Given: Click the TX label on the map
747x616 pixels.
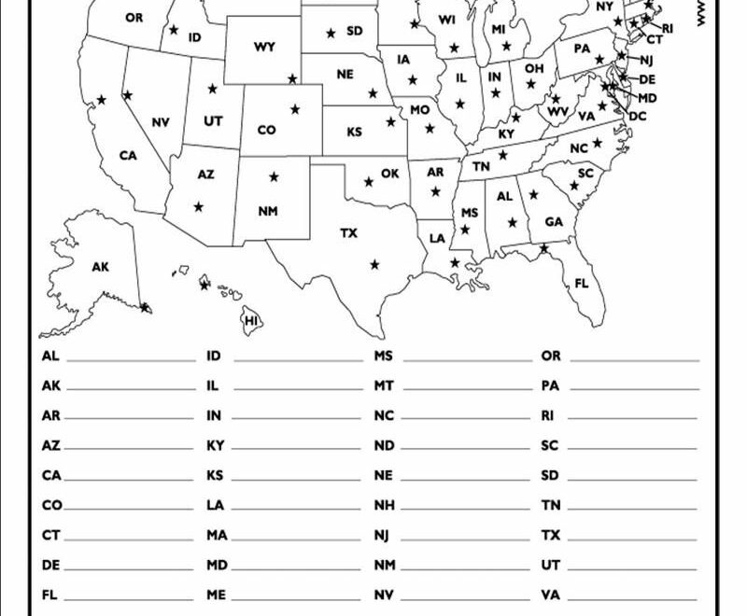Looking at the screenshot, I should pyautogui.click(x=348, y=232).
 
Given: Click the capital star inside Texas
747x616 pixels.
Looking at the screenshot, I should pyautogui.click(x=374, y=265).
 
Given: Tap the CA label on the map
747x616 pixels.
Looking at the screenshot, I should pyautogui.click(x=128, y=156).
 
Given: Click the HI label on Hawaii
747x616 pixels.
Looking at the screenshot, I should pyautogui.click(x=250, y=321).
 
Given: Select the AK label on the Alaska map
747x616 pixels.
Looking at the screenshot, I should pyautogui.click(x=100, y=267).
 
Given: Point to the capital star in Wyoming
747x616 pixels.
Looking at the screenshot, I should pyautogui.click(x=292, y=79).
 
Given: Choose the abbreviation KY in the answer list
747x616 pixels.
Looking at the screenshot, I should pyautogui.click(x=215, y=445).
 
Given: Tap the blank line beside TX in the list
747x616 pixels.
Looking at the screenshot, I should pyautogui.click(x=633, y=539).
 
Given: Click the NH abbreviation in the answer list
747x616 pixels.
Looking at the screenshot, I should pyautogui.click(x=384, y=505).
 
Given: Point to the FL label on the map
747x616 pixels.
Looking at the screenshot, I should pyautogui.click(x=582, y=283).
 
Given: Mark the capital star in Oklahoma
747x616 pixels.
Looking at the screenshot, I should pyautogui.click(x=368, y=182).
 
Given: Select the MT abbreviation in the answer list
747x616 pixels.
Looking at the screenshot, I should pyautogui.click(x=384, y=385).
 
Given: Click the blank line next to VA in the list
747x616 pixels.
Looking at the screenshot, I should pyautogui.click(x=633, y=597).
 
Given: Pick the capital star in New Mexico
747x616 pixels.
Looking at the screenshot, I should pyautogui.click(x=274, y=176).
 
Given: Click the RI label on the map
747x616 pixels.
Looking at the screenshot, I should pyautogui.click(x=667, y=29).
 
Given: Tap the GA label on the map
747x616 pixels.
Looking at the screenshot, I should pyautogui.click(x=554, y=222).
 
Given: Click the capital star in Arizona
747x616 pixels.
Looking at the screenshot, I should pyautogui.click(x=197, y=206).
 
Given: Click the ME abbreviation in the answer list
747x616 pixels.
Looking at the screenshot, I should pyautogui.click(x=216, y=594).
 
